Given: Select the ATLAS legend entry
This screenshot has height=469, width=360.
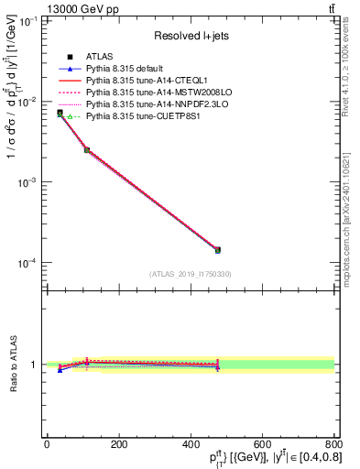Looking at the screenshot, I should point(101,57).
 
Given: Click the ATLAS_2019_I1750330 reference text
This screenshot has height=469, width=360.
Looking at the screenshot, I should point(190,274).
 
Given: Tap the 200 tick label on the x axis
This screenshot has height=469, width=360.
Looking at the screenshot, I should point(118,444).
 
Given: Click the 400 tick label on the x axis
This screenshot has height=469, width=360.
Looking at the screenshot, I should point(191,444).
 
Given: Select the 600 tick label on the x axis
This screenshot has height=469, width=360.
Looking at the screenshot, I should point(262,444).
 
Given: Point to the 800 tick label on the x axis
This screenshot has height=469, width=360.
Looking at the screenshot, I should point(333,444).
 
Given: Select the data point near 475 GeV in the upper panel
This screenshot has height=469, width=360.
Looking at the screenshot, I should point(217,249).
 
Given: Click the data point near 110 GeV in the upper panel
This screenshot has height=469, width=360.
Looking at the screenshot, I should point(86,149).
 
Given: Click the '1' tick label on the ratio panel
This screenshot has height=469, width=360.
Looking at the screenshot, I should point(33,365).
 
